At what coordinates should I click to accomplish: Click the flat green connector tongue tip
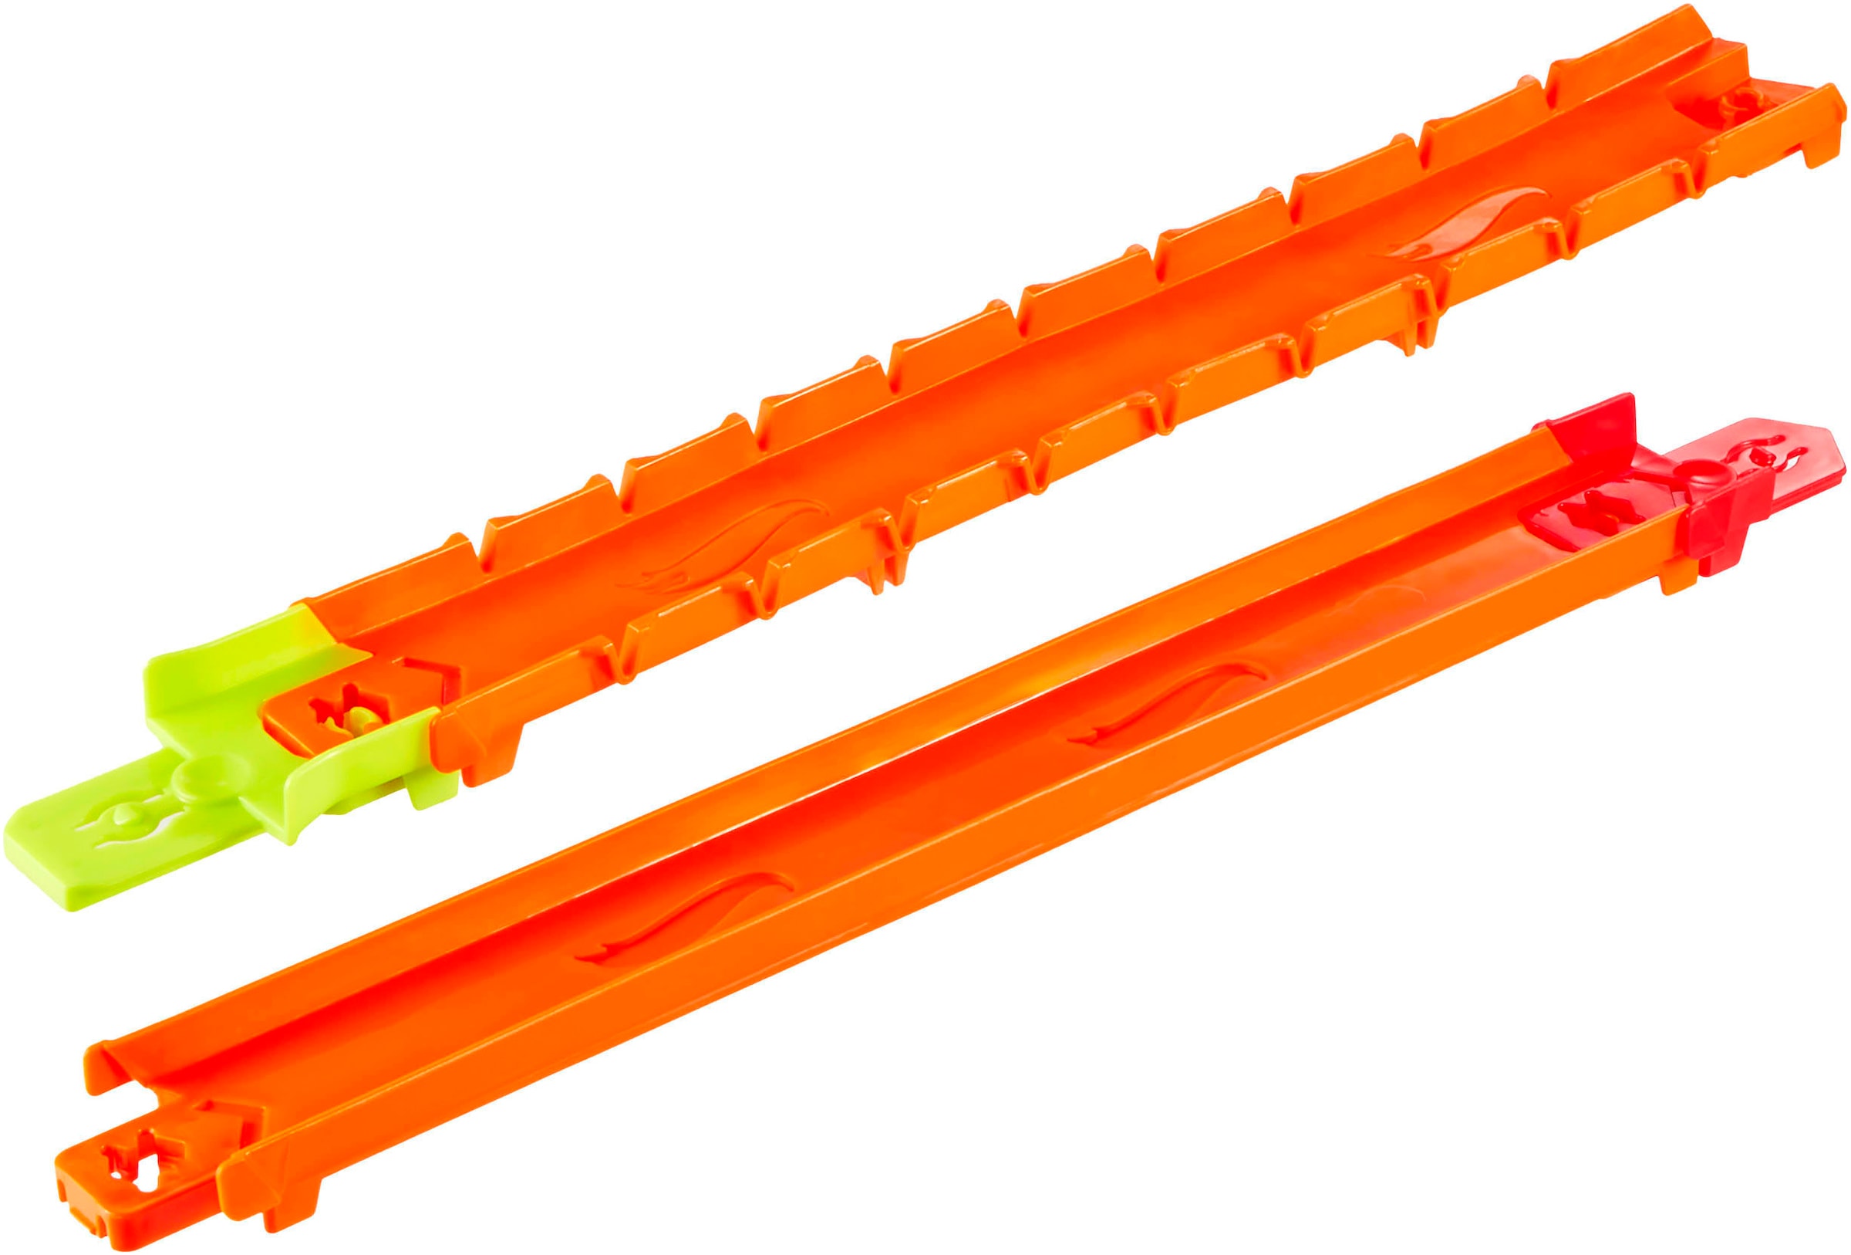pyautogui.click(x=48, y=868)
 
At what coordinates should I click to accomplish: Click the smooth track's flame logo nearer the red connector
pyautogui.click(x=1178, y=705)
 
